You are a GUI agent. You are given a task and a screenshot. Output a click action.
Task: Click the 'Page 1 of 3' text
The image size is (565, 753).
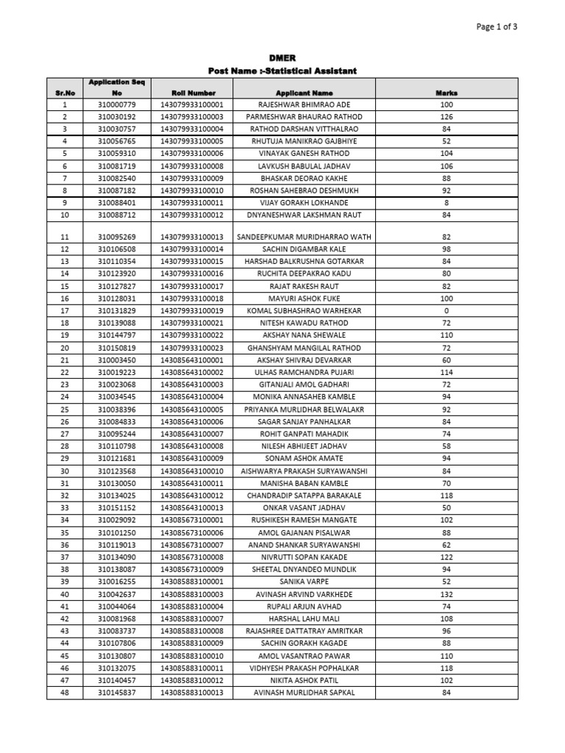pyautogui.click(x=497, y=27)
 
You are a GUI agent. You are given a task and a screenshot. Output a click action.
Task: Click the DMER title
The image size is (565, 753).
pyautogui.click(x=282, y=58)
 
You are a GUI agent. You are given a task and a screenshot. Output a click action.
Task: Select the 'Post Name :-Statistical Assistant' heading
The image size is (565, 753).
pyautogui.click(x=282, y=71)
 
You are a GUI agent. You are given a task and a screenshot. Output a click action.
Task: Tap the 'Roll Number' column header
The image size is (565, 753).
pyautogui.click(x=193, y=93)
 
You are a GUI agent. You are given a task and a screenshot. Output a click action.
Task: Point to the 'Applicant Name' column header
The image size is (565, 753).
pyautogui.click(x=304, y=93)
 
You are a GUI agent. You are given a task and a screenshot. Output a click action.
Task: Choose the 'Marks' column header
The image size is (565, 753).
pyautogui.click(x=447, y=93)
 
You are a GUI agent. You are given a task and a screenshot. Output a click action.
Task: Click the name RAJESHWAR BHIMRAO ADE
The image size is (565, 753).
pyautogui.click(x=304, y=105)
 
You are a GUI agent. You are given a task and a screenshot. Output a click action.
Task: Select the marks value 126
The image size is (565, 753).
pyautogui.click(x=447, y=117)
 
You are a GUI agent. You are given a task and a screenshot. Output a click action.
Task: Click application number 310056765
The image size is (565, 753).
pyautogui.click(x=116, y=141)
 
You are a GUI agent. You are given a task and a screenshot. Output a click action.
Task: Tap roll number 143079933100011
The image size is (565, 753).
pyautogui.click(x=193, y=202)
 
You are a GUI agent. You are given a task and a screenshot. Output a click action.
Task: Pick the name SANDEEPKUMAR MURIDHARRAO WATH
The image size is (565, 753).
pyautogui.click(x=304, y=238)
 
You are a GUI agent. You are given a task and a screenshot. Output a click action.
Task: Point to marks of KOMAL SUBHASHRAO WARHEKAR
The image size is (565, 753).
pyautogui.click(x=447, y=311)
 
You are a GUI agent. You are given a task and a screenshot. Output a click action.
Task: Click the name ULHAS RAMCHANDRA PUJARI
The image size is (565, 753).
pyautogui.click(x=304, y=373)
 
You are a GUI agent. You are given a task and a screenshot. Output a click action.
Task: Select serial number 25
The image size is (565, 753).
pyautogui.click(x=65, y=410)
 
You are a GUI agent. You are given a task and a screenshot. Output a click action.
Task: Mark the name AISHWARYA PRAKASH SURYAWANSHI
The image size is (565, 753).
pyautogui.click(x=304, y=471)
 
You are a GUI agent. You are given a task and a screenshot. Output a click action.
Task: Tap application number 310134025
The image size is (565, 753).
pyautogui.click(x=116, y=496)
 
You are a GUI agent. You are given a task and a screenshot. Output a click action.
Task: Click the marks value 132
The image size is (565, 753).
pyautogui.click(x=447, y=594)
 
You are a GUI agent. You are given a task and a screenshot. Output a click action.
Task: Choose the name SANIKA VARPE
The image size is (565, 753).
pyautogui.click(x=304, y=582)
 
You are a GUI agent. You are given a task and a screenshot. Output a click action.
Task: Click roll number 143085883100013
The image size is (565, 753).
pyautogui.click(x=193, y=693)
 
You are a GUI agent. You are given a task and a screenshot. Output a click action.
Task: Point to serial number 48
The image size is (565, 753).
pyautogui.click(x=65, y=693)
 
